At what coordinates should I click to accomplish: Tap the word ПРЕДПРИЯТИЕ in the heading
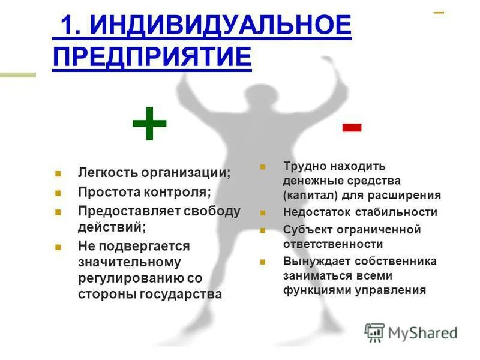(152, 58)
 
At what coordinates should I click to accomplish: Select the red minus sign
(352, 127)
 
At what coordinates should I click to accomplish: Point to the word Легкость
(107, 172)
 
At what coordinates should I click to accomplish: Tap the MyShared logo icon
(374, 332)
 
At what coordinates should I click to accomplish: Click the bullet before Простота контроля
(58, 193)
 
